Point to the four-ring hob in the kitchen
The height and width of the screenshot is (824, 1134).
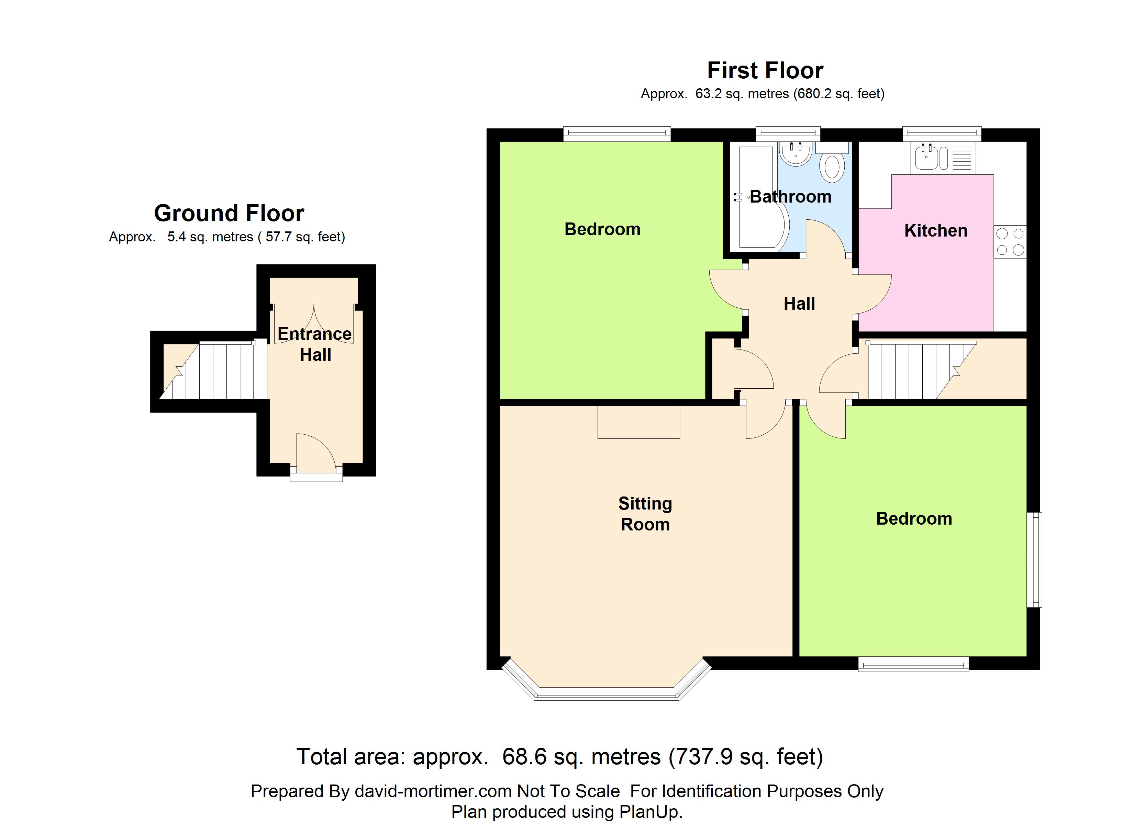point(1010,241)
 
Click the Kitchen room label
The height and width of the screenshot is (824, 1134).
point(935,230)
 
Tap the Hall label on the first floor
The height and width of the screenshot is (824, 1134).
point(799,303)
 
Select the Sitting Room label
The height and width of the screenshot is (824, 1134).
point(645,514)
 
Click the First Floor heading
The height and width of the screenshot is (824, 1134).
point(765,70)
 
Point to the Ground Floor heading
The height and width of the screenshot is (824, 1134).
point(229,213)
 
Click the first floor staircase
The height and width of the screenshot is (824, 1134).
point(915,370)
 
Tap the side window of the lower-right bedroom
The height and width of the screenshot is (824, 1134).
point(1034,560)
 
